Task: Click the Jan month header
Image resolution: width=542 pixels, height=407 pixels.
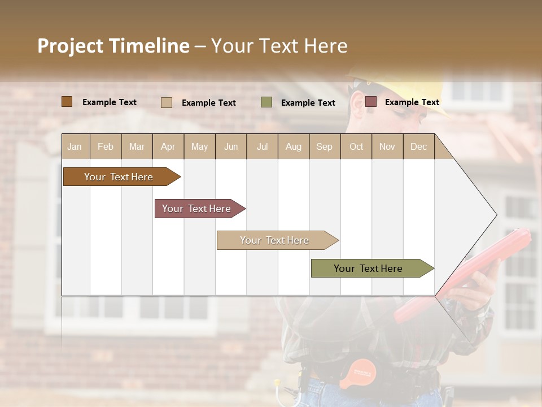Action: [x=75, y=146]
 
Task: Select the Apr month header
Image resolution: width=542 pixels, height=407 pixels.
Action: [x=168, y=146]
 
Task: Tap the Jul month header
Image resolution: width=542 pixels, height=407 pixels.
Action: [x=262, y=146]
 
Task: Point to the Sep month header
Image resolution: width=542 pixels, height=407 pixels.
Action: [x=324, y=146]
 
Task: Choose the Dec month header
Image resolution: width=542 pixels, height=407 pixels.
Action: [x=418, y=146]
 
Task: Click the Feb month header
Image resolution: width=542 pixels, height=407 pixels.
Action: [x=106, y=146]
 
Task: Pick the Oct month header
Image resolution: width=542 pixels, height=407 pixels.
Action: [x=356, y=146]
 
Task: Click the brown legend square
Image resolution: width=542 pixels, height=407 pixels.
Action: [x=67, y=102]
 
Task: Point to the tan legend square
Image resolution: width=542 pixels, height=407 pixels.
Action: [x=166, y=102]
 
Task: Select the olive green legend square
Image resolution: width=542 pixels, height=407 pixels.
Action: [x=266, y=102]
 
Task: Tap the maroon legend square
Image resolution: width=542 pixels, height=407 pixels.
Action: [x=370, y=102]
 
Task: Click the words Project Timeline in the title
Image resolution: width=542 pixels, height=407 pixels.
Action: [x=113, y=46]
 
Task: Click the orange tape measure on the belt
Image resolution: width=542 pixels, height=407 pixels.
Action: [x=358, y=374]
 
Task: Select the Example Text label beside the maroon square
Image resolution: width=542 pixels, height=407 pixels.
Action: [x=412, y=102]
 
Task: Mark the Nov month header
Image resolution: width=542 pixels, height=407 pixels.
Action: [x=387, y=146]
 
